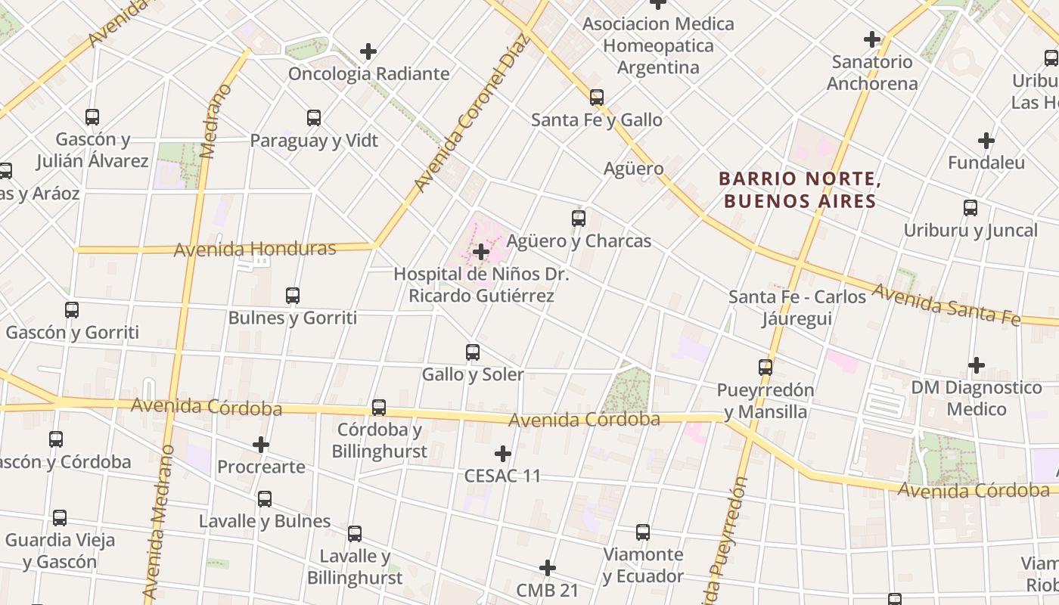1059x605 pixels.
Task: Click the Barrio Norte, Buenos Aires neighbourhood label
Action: point(799,190)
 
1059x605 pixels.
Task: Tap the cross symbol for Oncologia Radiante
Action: point(368,51)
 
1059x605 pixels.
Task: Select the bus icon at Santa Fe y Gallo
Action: point(597,97)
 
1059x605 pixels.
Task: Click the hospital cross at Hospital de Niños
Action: point(480,252)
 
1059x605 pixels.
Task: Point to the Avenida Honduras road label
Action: point(255,249)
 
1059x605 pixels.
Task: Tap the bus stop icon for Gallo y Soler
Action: point(473,352)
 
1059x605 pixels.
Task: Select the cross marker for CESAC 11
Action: point(503,454)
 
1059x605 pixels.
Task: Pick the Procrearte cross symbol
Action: point(261,445)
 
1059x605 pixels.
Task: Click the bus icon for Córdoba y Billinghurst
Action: point(379,408)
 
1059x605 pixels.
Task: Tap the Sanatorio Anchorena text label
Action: point(872,72)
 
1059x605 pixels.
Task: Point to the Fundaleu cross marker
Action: point(986,141)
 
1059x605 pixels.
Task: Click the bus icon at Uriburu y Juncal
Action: point(970,208)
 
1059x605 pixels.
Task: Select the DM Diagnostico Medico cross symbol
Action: point(977,366)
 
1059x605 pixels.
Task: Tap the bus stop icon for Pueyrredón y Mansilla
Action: point(766,368)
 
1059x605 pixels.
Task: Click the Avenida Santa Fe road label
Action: point(947,304)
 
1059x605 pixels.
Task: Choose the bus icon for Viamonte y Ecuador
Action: point(643,532)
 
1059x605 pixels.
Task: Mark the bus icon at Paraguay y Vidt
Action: point(314,118)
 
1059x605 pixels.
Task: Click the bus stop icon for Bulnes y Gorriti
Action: point(293,295)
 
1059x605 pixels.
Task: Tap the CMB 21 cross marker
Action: point(548,568)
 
